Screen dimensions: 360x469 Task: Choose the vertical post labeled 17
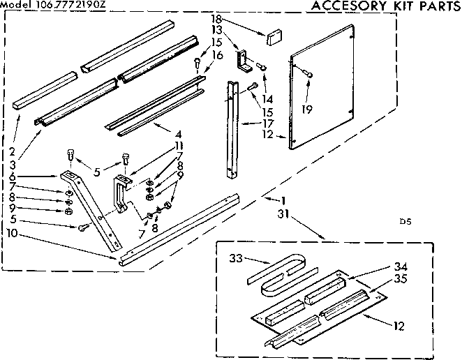pos(230,129)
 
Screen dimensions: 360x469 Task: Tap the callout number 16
pos(217,55)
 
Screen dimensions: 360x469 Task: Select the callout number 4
pos(179,134)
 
